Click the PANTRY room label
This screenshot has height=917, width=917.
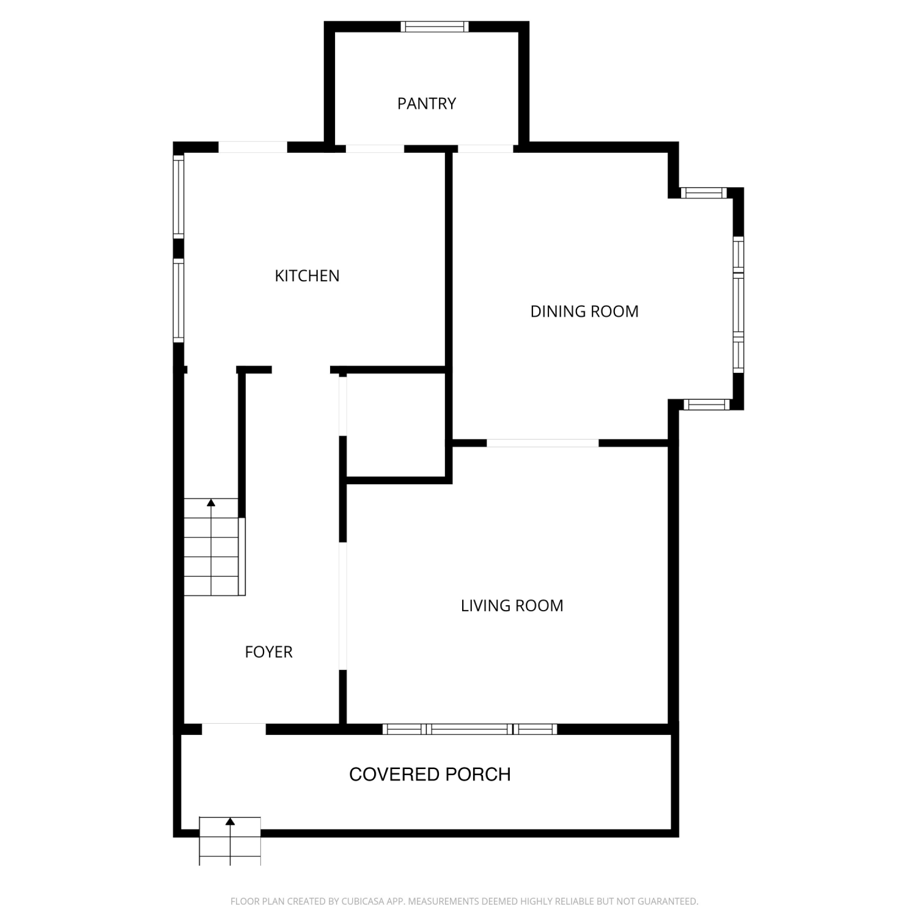(427, 104)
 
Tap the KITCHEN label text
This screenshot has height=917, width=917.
(307, 276)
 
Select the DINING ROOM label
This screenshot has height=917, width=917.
(584, 311)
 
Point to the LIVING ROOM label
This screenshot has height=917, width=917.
(512, 606)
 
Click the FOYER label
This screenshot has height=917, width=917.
(268, 652)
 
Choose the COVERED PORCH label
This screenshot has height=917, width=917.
(430, 775)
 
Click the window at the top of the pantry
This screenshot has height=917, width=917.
(435, 26)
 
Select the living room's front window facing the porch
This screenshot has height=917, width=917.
(470, 729)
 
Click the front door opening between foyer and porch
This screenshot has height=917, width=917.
(234, 729)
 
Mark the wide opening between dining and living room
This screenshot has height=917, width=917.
(543, 443)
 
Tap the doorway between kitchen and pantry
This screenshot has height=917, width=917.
(375, 148)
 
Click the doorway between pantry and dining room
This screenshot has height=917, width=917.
(485, 148)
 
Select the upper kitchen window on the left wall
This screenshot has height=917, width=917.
(179, 196)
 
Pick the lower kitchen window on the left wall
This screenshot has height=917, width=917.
(179, 300)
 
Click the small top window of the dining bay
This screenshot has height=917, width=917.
(704, 193)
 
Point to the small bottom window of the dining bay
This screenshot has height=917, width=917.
(706, 404)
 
